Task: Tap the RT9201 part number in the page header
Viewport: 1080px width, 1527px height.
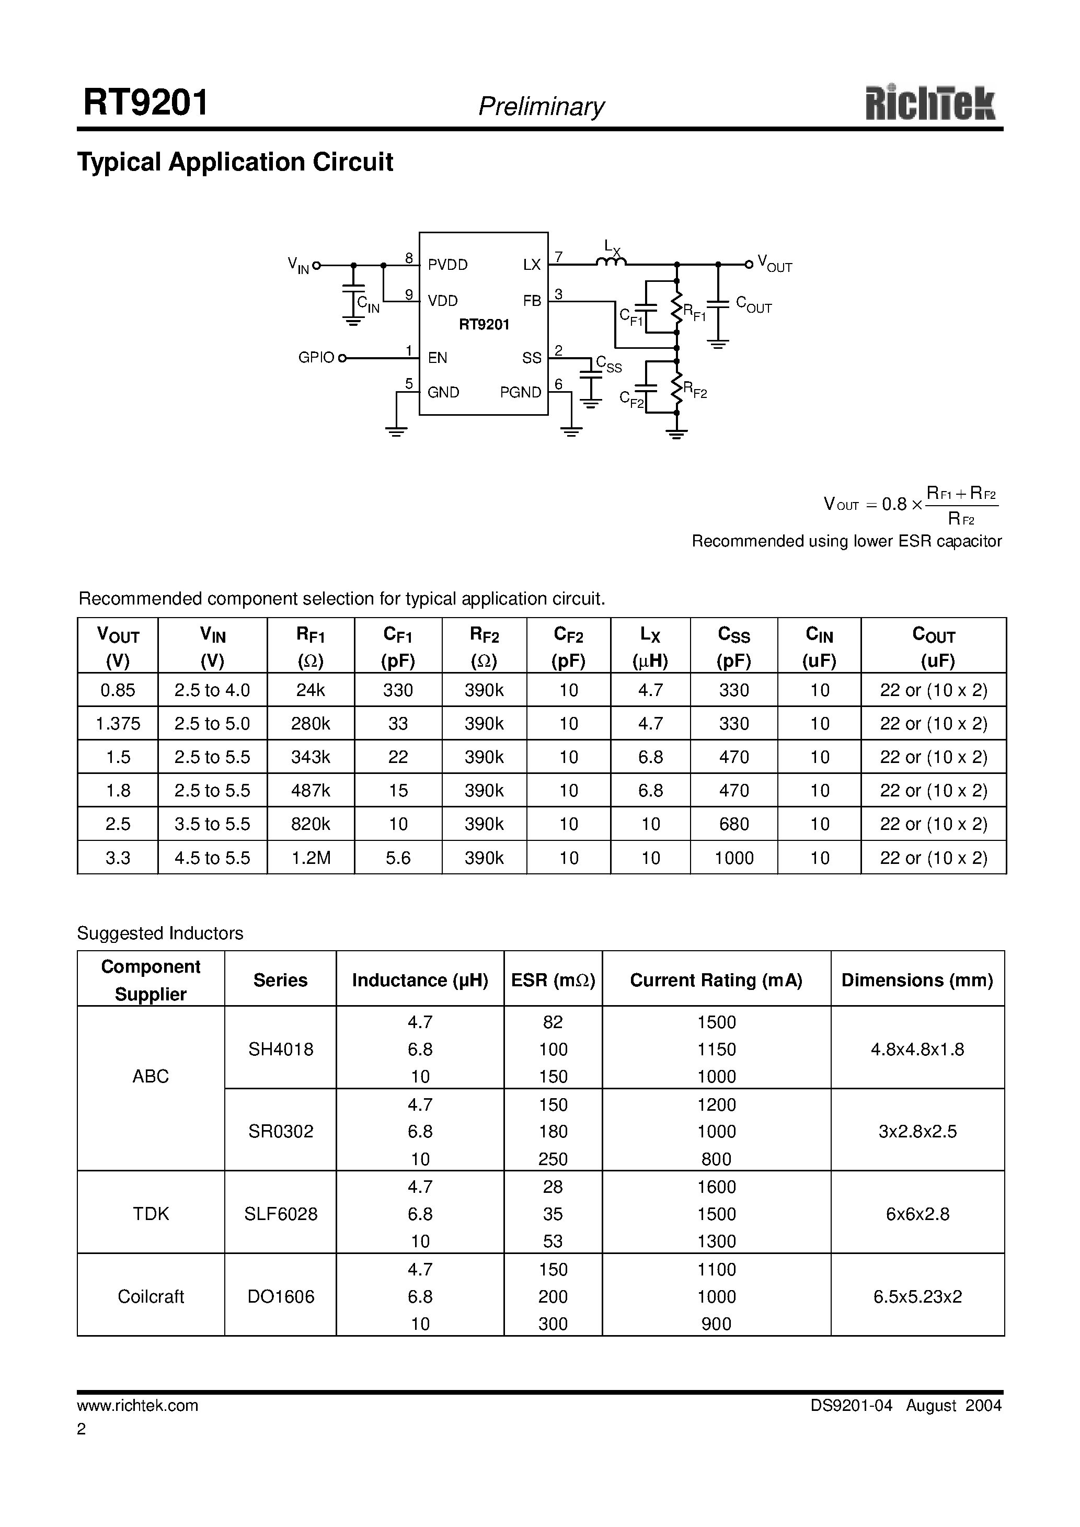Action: pos(146,103)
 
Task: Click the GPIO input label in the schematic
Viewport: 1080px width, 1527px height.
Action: pos(316,358)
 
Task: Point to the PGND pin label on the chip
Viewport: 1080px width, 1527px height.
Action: pos(520,392)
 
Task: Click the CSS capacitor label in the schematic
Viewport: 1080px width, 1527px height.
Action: pos(608,364)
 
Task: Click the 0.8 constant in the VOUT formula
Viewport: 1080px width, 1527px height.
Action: pos(894,504)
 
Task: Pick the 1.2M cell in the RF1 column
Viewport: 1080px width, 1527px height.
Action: pos(311,858)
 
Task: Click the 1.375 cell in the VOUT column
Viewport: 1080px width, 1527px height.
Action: pos(118,724)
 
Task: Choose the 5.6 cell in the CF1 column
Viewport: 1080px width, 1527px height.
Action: pos(398,858)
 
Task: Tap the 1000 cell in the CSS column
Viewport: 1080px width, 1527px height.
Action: pos(733,858)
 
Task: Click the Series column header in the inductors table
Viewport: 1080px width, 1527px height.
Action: pos(280,981)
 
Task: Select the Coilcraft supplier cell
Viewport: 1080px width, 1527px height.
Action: pos(151,1296)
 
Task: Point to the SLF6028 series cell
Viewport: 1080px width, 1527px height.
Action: pos(281,1214)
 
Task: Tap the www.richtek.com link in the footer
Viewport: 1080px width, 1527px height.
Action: pos(137,1405)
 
